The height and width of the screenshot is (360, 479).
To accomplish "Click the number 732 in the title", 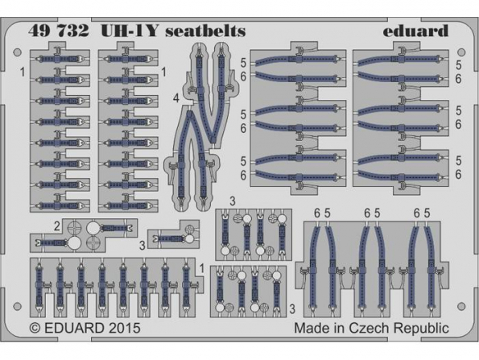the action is pyautogui.click(x=73, y=31).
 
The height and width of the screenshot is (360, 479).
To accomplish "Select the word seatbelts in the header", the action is pyautogui.click(x=205, y=31).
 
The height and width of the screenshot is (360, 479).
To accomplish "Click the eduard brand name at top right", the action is pyautogui.click(x=415, y=31).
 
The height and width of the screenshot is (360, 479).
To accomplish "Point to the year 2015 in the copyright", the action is pyautogui.click(x=123, y=329).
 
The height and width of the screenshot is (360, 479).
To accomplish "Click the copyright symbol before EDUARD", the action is pyautogui.click(x=35, y=329).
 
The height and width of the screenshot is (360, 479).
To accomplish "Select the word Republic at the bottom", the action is pyautogui.click(x=422, y=329).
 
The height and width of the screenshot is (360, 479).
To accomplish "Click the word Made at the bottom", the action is pyautogui.click(x=311, y=329).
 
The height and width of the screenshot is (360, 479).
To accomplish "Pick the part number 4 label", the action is pyautogui.click(x=175, y=99).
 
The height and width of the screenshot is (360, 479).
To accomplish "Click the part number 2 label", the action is pyautogui.click(x=57, y=227).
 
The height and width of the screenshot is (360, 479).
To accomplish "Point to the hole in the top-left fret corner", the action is pyautogui.click(x=18, y=52).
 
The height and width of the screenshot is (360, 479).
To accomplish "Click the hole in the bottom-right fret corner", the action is pyautogui.click(x=461, y=306).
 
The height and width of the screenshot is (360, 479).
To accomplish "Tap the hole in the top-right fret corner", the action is pyautogui.click(x=461, y=52).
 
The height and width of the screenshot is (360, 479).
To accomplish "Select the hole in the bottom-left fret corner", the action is pyautogui.click(x=18, y=306).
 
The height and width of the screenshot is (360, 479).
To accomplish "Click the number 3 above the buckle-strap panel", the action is pyautogui.click(x=233, y=201).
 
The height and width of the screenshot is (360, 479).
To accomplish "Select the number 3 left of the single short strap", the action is pyautogui.click(x=142, y=246).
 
